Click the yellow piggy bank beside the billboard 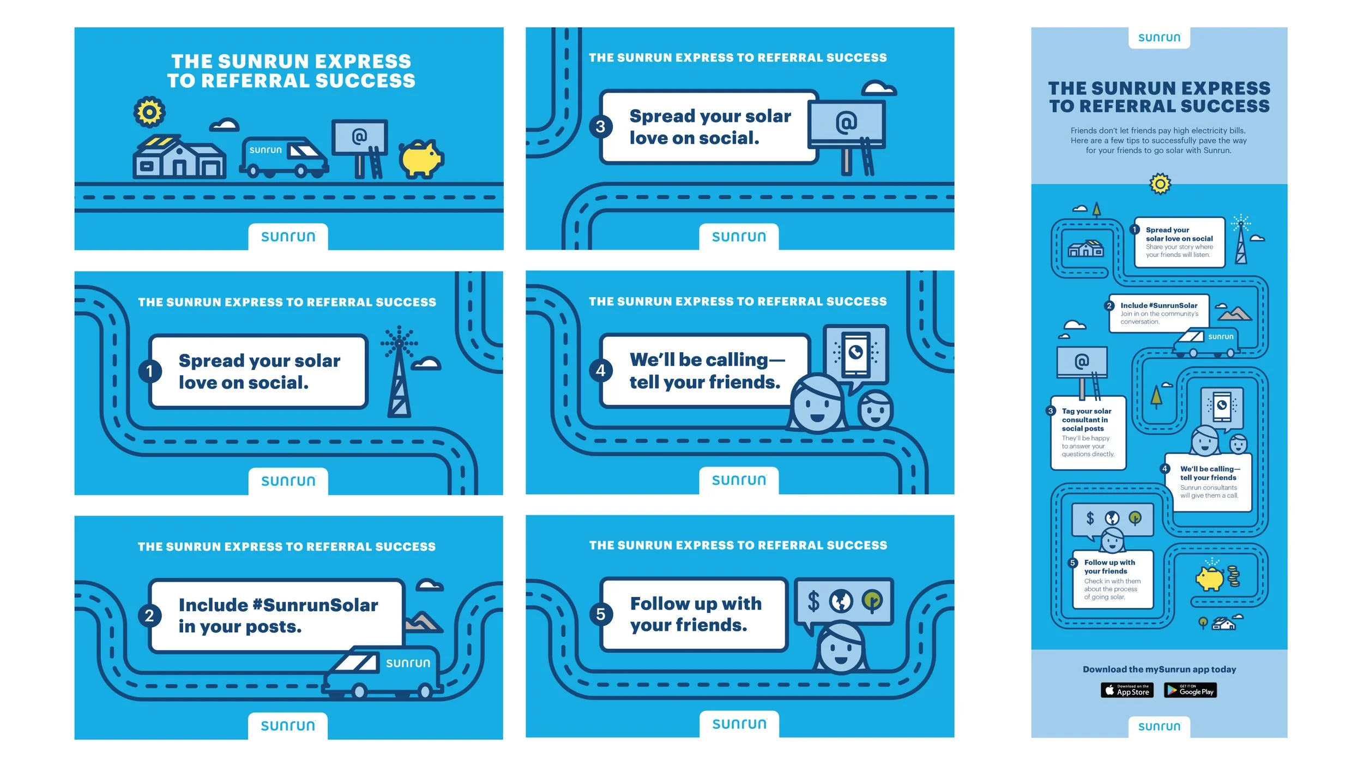click(421, 159)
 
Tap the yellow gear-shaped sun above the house click(149, 112)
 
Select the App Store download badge click(1127, 690)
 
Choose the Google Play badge click(1190, 690)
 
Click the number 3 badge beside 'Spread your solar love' click(600, 127)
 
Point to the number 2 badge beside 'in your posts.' click(149, 615)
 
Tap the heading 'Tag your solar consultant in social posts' click(1086, 420)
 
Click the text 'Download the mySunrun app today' click(1159, 669)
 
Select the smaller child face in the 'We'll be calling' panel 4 click(875, 410)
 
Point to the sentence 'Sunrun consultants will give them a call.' click(1209, 491)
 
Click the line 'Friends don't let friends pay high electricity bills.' click(1158, 131)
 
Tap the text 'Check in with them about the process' click(1112, 585)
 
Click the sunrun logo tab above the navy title click(1159, 38)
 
